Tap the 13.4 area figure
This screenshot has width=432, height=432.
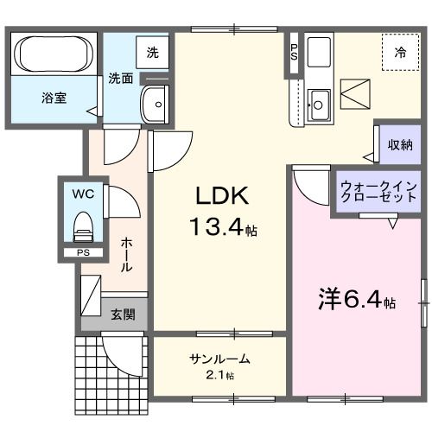(219, 229)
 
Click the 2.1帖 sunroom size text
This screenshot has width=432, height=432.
(220, 375)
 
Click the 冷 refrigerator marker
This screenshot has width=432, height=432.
(401, 53)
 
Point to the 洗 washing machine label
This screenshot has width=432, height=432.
(152, 52)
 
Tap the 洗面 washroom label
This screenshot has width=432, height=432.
(120, 78)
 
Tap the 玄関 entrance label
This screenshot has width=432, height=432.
(123, 314)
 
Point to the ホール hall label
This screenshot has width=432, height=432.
(126, 255)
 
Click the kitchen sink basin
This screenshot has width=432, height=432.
(317, 105)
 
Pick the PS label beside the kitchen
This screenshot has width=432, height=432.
(294, 52)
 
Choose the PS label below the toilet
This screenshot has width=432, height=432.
(83, 253)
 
